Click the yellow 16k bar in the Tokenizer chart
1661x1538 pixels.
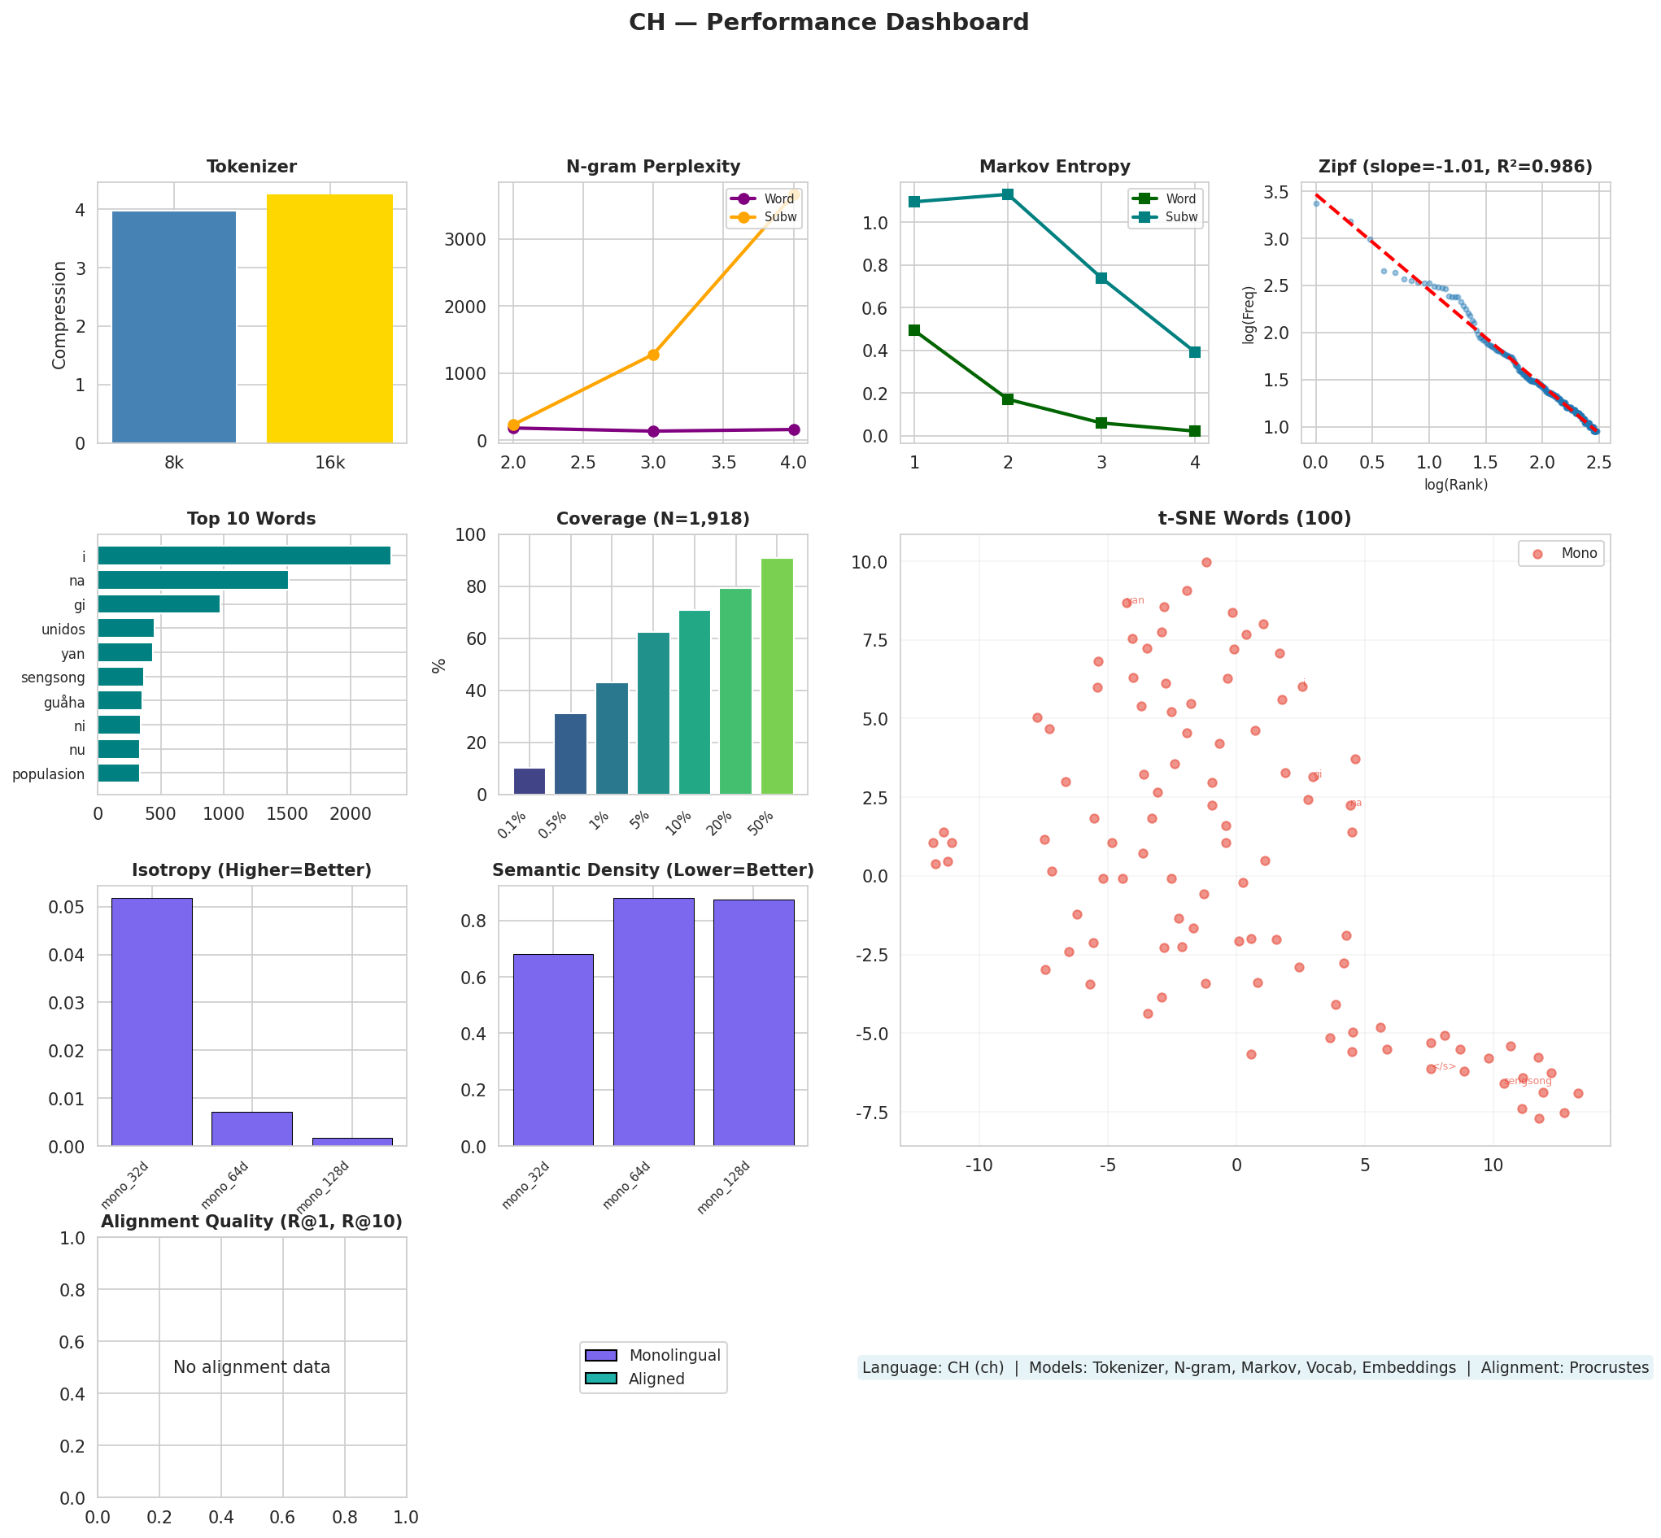click(x=329, y=319)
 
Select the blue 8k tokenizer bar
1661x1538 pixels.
click(x=174, y=327)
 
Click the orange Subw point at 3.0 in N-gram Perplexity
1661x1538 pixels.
click(x=653, y=355)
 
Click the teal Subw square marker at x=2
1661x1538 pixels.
click(x=1008, y=194)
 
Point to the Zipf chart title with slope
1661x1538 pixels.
click(x=1454, y=167)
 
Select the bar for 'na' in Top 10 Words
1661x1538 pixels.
click(x=193, y=580)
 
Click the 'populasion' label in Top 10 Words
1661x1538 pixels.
click(x=48, y=774)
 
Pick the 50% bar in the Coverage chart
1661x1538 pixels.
click(x=777, y=676)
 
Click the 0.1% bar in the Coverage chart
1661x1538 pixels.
click(x=530, y=781)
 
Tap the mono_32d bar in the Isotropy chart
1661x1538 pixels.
click(x=152, y=1022)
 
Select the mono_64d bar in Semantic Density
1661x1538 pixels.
click(x=653, y=1022)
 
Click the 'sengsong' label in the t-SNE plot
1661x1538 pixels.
click(x=1527, y=1081)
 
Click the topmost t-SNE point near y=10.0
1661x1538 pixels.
click(x=1205, y=563)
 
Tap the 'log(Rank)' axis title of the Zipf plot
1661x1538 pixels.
click(x=1455, y=485)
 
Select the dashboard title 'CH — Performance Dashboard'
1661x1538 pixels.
click(x=829, y=23)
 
